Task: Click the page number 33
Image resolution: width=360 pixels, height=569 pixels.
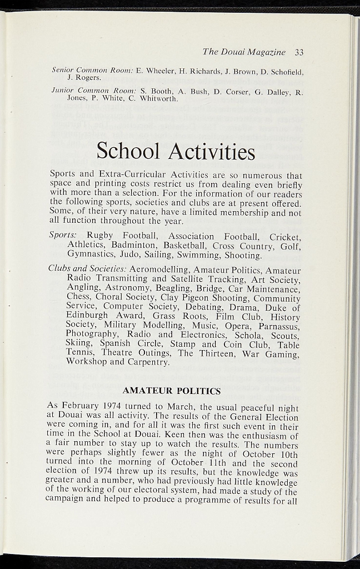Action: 299,52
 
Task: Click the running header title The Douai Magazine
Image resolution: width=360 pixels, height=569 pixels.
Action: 244,52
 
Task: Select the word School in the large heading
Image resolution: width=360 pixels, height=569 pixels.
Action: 128,151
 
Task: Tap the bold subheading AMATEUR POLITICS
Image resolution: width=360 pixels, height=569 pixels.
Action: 172,391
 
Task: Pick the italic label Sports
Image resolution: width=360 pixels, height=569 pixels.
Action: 63,236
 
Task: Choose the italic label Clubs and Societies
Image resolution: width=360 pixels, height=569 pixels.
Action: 88,269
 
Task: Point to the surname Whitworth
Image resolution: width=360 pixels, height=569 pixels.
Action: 157,99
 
